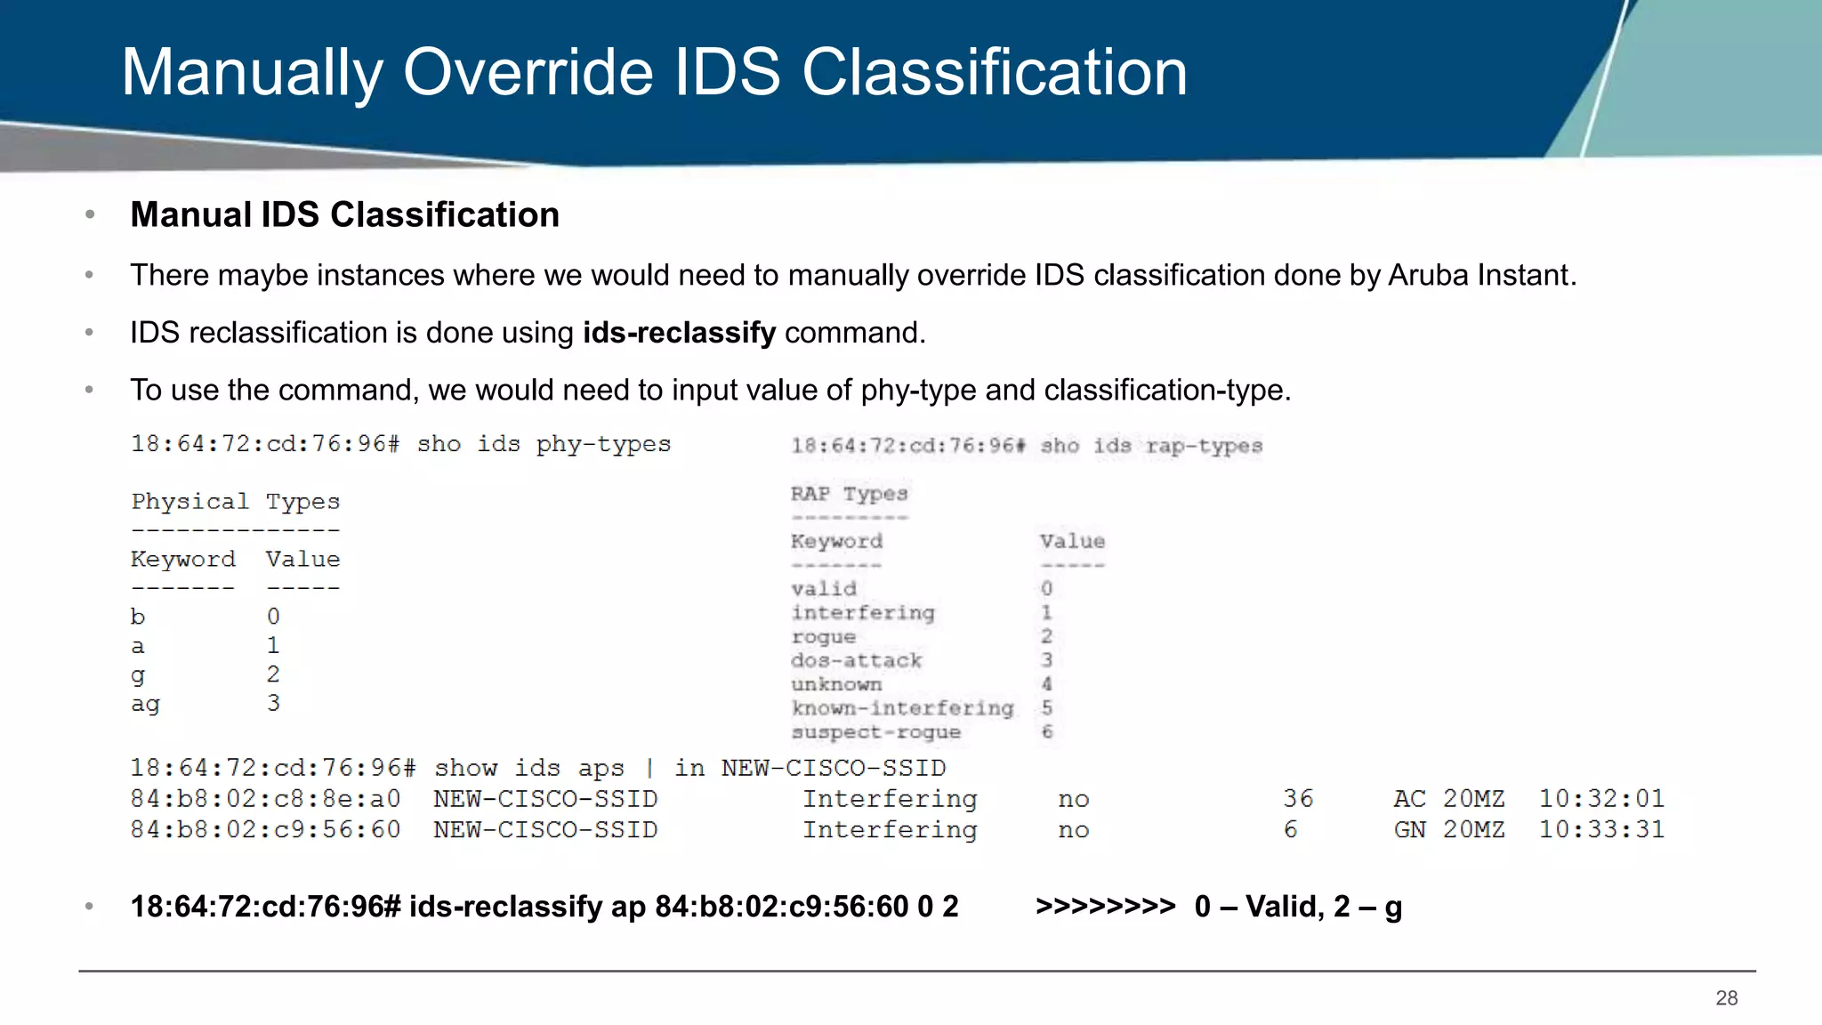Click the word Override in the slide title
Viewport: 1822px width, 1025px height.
tap(528, 73)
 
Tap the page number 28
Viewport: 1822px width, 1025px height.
tap(1726, 998)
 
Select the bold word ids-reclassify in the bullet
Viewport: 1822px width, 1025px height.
tap(679, 333)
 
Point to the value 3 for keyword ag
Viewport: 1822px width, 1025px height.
tap(273, 703)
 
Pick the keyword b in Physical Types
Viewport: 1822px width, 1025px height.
tap(138, 617)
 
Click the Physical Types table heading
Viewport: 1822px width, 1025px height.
tap(235, 502)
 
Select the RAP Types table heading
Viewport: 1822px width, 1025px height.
tap(849, 494)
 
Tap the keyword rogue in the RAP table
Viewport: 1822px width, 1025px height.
tap(823, 637)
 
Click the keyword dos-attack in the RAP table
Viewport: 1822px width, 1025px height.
tap(856, 661)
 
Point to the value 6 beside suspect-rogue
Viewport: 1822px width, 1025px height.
tap(1047, 732)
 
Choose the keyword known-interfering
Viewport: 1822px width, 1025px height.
tap(902, 708)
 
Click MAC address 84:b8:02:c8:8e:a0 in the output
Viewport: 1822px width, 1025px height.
tap(265, 799)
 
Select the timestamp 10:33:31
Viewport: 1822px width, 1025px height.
tap(1601, 829)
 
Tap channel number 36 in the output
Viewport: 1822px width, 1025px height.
tap(1298, 799)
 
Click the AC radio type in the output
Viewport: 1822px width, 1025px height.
tap(1409, 799)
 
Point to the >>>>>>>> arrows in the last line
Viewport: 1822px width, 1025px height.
tap(1105, 907)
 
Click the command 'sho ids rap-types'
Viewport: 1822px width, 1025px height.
tap(1151, 446)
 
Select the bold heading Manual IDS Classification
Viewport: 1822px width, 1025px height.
tap(344, 215)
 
